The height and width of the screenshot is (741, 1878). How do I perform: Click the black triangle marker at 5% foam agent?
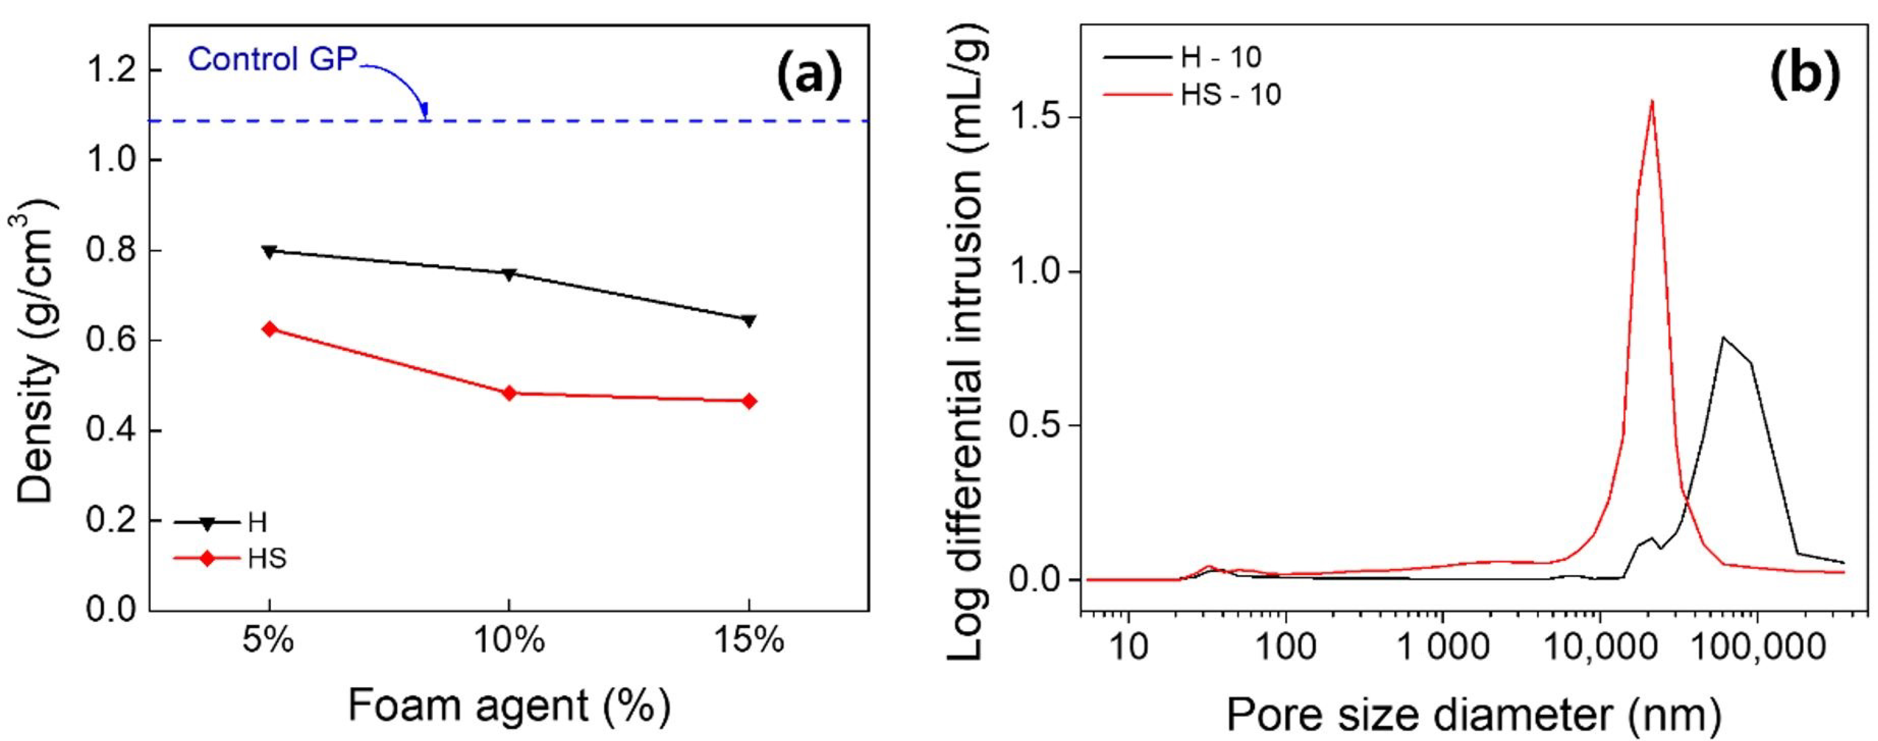pos(270,252)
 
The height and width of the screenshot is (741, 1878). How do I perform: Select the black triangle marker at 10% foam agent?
pos(510,274)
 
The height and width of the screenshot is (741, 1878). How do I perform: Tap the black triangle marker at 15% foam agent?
pos(749,321)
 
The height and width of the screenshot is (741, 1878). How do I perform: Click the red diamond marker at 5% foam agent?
pos(270,329)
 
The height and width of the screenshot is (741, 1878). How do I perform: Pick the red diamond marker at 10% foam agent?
pos(510,393)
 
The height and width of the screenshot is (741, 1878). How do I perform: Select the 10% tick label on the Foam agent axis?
pos(510,642)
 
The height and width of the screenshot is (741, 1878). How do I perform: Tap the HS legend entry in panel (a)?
pos(267,559)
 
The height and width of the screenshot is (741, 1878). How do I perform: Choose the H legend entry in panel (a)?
pos(257,522)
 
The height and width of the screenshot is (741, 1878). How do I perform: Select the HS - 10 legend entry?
pos(1231,95)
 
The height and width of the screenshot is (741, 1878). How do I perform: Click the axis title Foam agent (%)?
pos(509,706)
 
